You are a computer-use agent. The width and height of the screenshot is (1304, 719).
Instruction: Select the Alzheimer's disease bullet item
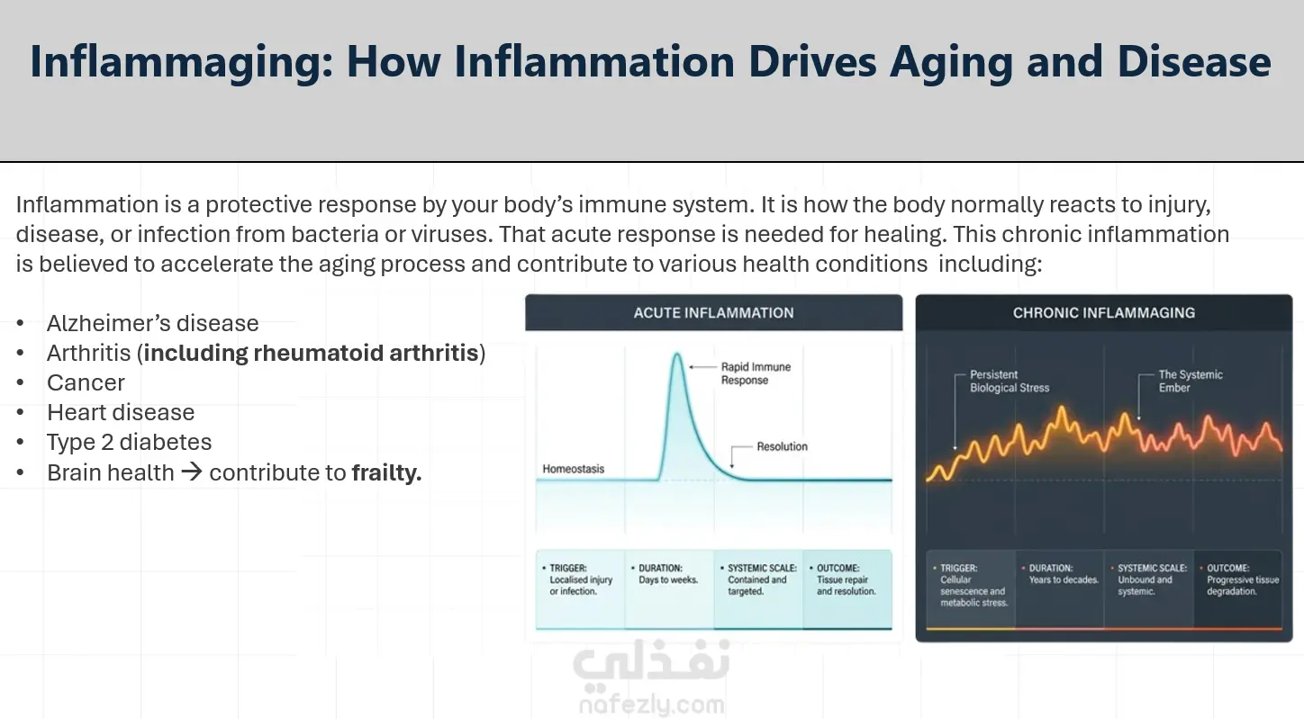point(152,323)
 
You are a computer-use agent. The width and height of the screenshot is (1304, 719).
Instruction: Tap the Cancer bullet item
point(86,382)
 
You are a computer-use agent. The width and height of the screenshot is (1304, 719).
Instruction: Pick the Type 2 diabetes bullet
point(130,443)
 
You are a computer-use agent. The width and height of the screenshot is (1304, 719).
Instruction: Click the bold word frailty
point(386,472)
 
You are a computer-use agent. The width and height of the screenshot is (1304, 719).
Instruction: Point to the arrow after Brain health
point(192,472)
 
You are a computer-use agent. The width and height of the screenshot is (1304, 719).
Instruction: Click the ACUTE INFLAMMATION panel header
point(714,313)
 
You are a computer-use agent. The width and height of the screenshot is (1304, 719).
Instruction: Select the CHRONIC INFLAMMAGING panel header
point(1104,313)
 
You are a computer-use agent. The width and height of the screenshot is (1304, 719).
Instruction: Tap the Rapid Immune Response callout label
point(756,373)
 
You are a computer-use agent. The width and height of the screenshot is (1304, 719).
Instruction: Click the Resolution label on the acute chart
point(782,446)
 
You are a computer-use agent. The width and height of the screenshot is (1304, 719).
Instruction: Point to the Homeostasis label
point(574,469)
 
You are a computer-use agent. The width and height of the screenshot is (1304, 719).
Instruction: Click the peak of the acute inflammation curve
point(677,354)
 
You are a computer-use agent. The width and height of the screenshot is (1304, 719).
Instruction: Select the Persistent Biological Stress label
point(1010,382)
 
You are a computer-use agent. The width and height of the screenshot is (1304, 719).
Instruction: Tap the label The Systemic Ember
point(1191,382)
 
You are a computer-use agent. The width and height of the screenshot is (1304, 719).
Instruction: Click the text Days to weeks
point(668,580)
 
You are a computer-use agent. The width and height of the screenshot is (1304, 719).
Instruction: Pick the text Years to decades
point(1064,580)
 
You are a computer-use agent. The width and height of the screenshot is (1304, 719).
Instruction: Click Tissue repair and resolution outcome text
point(846,586)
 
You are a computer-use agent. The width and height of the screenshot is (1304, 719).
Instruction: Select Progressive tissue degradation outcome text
point(1243,586)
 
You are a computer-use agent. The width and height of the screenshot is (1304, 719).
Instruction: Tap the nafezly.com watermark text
point(652,705)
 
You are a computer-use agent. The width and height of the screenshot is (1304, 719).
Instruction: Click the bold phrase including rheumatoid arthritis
point(311,353)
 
